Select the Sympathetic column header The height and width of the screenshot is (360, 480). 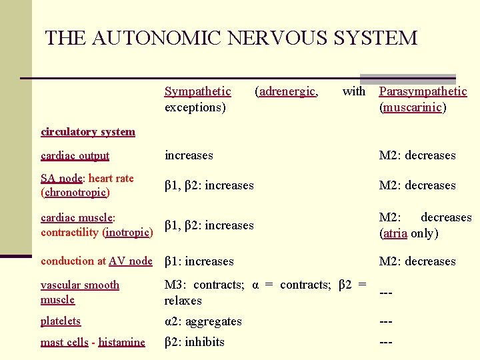(x=197, y=91)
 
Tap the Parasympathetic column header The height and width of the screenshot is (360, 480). (x=423, y=91)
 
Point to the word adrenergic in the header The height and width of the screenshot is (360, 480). (x=287, y=91)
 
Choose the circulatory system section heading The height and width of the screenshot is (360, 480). (x=87, y=131)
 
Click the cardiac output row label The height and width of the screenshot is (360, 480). (x=75, y=156)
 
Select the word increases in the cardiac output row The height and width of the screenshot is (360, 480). (x=189, y=155)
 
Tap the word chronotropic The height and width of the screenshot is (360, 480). (x=75, y=193)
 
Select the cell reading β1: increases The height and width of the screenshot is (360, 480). (x=199, y=261)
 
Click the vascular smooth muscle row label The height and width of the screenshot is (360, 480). (x=79, y=292)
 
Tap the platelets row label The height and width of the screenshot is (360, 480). (x=61, y=321)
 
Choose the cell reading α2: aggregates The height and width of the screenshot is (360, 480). (x=203, y=321)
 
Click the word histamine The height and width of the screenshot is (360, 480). (x=121, y=343)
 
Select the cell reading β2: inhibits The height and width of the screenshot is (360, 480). (x=195, y=342)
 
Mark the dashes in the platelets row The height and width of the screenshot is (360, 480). (x=385, y=321)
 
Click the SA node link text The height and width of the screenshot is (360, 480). (x=61, y=178)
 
